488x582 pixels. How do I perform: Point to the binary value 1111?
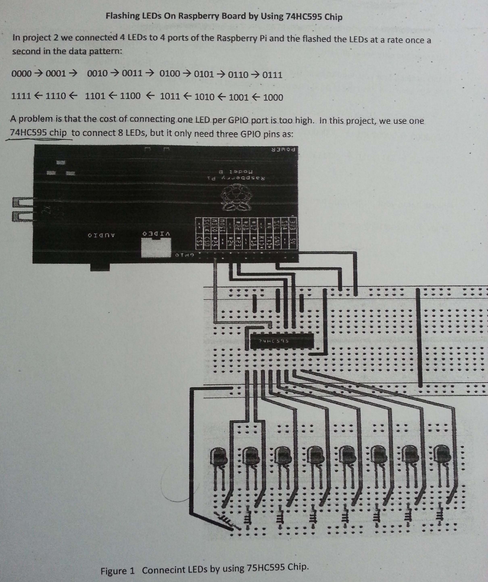[21, 96]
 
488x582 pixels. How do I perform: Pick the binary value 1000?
[273, 98]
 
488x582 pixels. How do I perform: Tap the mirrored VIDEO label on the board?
[157, 234]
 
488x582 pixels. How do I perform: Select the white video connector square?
[156, 248]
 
